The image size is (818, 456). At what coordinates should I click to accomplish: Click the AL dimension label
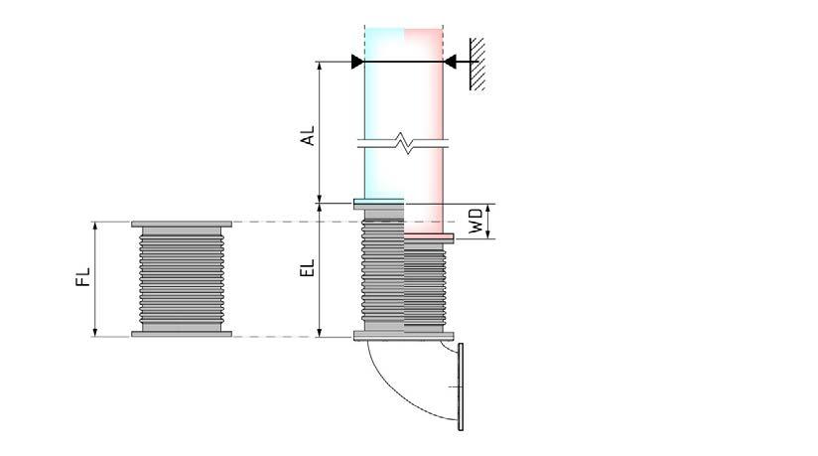click(309, 135)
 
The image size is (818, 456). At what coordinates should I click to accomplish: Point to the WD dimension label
click(477, 222)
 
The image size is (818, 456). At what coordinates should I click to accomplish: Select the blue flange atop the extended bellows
click(379, 204)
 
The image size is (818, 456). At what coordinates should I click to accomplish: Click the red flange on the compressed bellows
click(429, 236)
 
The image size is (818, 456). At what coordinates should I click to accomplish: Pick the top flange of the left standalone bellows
click(182, 224)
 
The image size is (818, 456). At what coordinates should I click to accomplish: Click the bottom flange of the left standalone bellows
click(182, 334)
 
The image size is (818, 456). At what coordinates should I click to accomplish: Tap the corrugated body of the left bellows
click(182, 278)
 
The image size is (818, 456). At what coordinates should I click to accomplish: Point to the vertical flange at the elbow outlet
click(460, 386)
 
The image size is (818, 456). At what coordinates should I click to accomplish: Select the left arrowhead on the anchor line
click(357, 62)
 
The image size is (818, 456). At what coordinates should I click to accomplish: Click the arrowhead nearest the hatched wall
click(451, 62)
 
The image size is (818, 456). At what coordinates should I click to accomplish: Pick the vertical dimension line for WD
click(492, 221)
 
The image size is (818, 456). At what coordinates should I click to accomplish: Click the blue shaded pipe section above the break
click(384, 94)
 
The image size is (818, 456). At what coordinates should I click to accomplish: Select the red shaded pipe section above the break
click(424, 94)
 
